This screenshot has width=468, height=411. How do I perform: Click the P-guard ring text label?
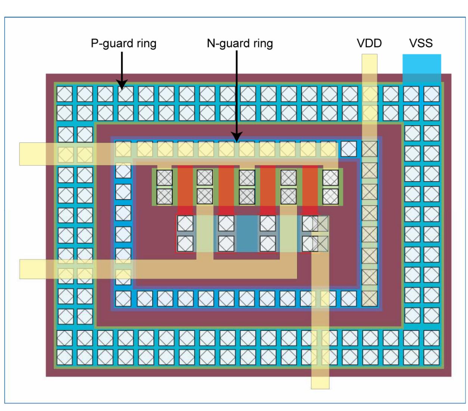point(123,43)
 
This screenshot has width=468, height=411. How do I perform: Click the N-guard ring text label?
point(240,43)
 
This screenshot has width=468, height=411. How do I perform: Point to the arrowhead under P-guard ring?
point(122,85)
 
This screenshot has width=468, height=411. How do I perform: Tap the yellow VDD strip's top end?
point(369,60)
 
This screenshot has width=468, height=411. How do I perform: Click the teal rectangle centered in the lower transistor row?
point(247,234)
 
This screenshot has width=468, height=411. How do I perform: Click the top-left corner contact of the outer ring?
point(65,94)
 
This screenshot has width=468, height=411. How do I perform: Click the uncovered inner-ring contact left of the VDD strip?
point(349,149)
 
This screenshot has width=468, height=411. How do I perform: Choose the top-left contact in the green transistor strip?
point(164,177)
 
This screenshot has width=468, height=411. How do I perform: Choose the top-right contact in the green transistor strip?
point(330,177)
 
